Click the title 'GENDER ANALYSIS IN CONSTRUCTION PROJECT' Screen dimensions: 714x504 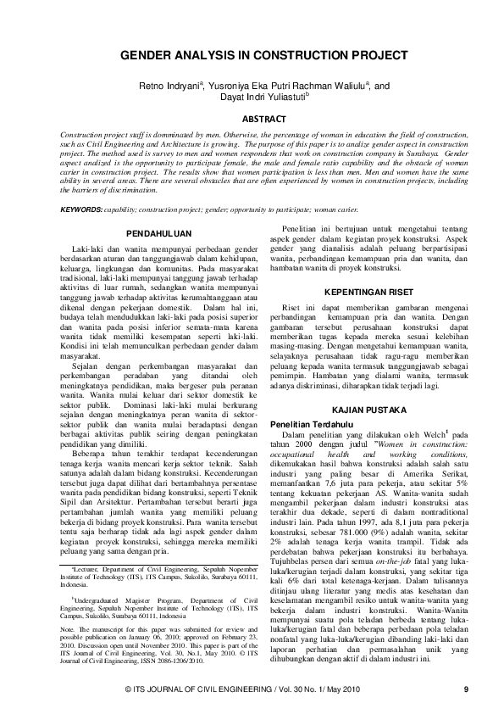pos(251,53)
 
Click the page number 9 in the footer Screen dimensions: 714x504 pos(466,689)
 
